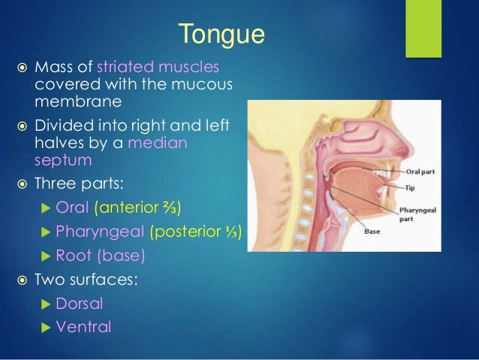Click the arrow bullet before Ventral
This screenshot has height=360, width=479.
(46, 327)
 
